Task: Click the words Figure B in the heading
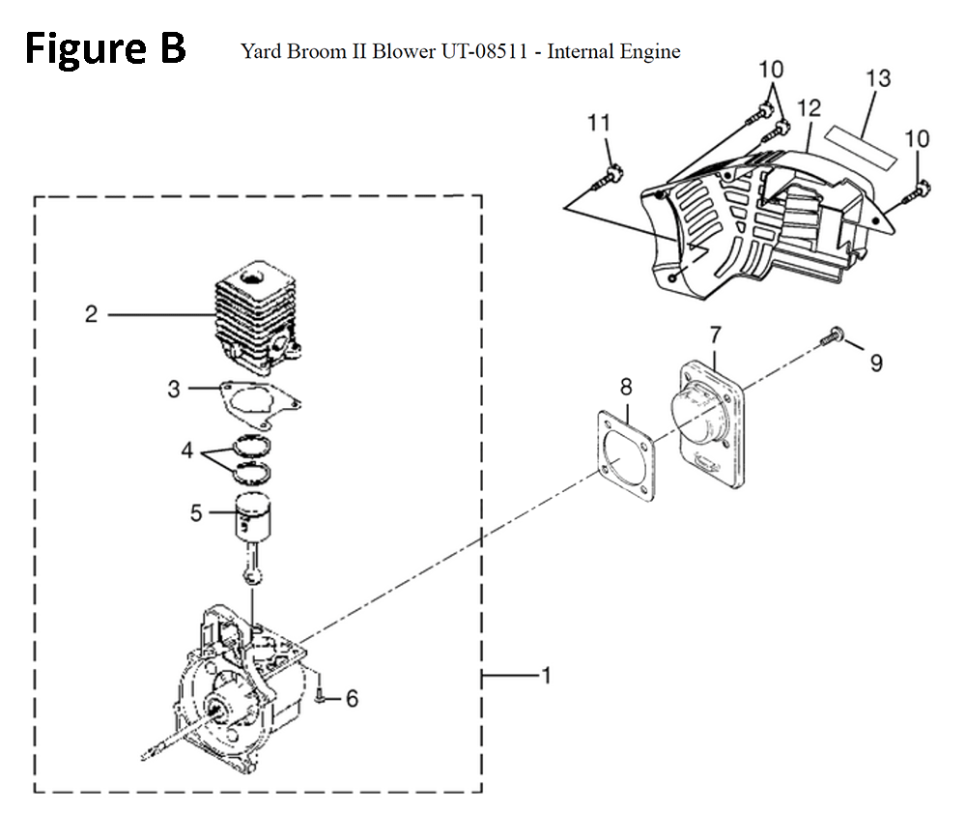coord(105,48)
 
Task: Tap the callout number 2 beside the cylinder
coord(92,314)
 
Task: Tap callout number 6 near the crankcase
coord(351,698)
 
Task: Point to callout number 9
coord(876,363)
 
